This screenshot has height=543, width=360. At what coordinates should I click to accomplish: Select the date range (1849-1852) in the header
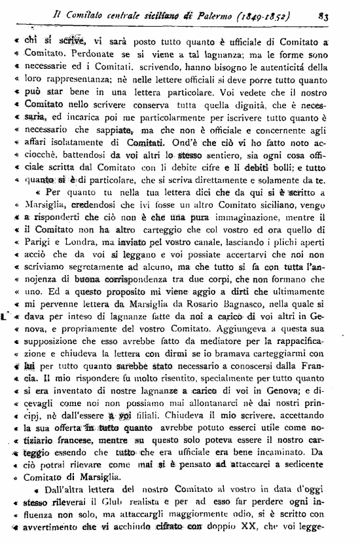point(276,11)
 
